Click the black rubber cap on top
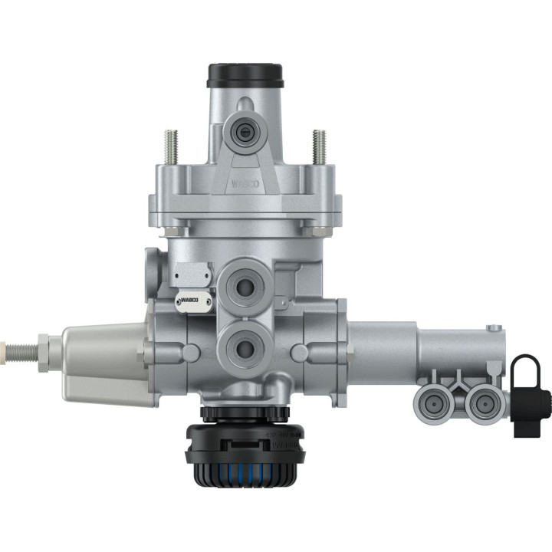[x=245, y=75]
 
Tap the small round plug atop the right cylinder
[x=488, y=330]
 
